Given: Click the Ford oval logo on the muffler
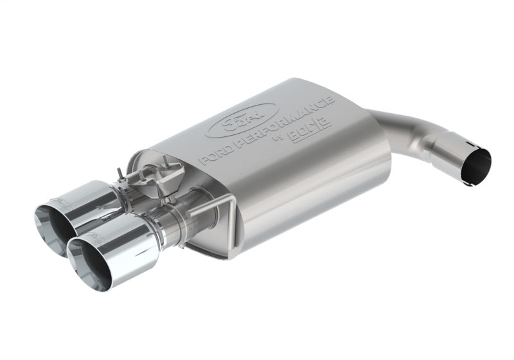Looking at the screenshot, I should (x=241, y=120).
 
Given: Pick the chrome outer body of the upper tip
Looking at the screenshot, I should (x=90, y=199).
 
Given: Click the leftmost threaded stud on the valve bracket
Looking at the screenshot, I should (x=120, y=172).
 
